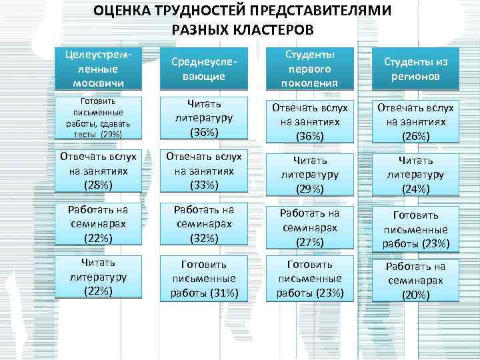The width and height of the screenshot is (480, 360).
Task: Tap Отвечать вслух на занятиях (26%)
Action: pos(415,121)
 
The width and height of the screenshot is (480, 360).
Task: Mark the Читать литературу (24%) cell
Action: pos(415,175)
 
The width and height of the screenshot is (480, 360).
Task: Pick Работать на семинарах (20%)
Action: pos(415,281)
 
